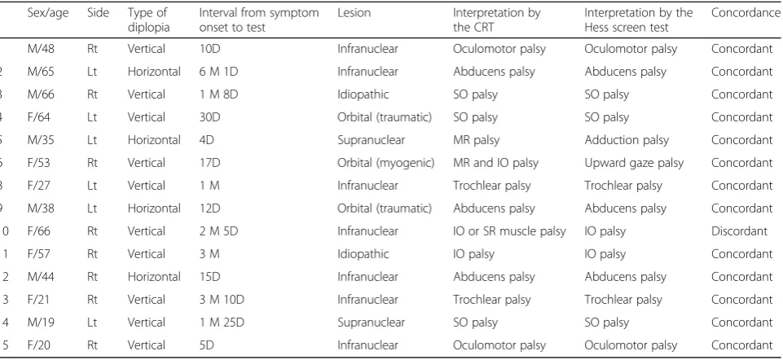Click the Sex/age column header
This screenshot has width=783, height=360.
pyautogui.click(x=48, y=14)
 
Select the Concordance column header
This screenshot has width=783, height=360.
pyautogui.click(x=746, y=13)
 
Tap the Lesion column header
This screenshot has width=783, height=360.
pyautogui.click(x=354, y=13)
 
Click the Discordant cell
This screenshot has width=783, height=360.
pyautogui.click(x=738, y=231)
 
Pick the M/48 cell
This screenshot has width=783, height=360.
pyautogui.click(x=41, y=49)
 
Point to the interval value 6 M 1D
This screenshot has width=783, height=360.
pyautogui.click(x=218, y=72)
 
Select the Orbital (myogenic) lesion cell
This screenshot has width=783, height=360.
pyautogui.click(x=386, y=163)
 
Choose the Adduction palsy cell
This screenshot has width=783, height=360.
pyautogui.click(x=627, y=140)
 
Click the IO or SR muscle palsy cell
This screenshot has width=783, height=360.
pyautogui.click(x=509, y=231)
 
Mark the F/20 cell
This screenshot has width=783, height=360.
pyautogui.click(x=40, y=345)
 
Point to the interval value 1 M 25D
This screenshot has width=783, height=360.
pyautogui.click(x=222, y=323)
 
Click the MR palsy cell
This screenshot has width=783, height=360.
pyautogui.click(x=476, y=140)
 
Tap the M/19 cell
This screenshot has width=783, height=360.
pyautogui.click(x=41, y=323)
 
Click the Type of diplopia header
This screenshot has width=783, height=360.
pyautogui.click(x=148, y=20)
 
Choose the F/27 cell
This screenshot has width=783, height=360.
pyautogui.click(x=40, y=186)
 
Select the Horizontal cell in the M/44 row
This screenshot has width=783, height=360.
pyautogui.click(x=154, y=277)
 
